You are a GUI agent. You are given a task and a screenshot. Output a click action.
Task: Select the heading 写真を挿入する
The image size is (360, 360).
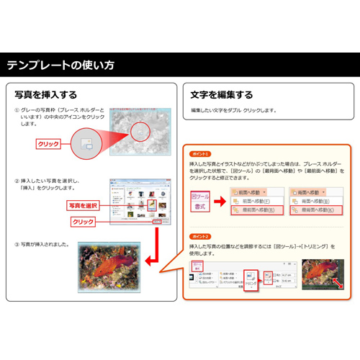pos(46,94)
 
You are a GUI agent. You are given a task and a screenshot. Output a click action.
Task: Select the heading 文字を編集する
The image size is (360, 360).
pos(221,94)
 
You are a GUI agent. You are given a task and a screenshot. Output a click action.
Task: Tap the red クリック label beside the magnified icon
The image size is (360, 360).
pos(48,143)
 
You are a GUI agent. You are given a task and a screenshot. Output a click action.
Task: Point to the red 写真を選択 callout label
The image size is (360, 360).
pos(82,205)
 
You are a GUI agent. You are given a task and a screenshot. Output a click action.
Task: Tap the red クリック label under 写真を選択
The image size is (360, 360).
pos(84,221)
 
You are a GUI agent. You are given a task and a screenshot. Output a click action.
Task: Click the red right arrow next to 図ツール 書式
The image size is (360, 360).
pos(221,201)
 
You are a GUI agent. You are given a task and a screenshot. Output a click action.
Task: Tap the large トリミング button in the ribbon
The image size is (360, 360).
pos(251,279)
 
